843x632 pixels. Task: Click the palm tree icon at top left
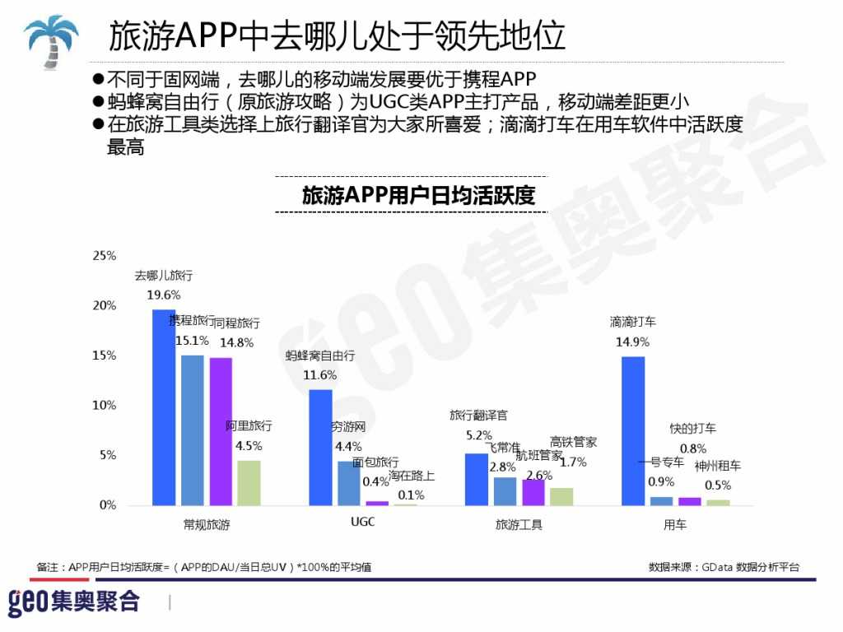click(x=51, y=39)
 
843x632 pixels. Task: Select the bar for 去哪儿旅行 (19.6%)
click(x=164, y=407)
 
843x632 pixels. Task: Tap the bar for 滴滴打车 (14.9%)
click(x=633, y=430)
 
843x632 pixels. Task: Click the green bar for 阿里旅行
click(x=249, y=482)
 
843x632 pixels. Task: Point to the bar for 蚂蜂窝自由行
click(x=320, y=447)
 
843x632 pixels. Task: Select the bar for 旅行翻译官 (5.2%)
click(x=477, y=479)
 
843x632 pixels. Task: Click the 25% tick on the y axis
click(x=105, y=256)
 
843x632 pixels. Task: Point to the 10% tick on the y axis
click(x=105, y=406)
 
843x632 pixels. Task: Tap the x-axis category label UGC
click(x=362, y=523)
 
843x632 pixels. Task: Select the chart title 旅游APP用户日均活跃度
click(x=418, y=196)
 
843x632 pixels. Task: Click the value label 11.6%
click(x=319, y=374)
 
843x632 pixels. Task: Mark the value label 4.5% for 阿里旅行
click(x=249, y=445)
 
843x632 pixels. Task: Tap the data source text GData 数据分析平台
click(x=724, y=567)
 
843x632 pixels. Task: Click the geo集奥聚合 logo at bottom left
click(x=74, y=602)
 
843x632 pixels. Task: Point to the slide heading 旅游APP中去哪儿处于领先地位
click(x=337, y=36)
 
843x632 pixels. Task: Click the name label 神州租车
click(x=717, y=466)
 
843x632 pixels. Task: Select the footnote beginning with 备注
click(x=204, y=567)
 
